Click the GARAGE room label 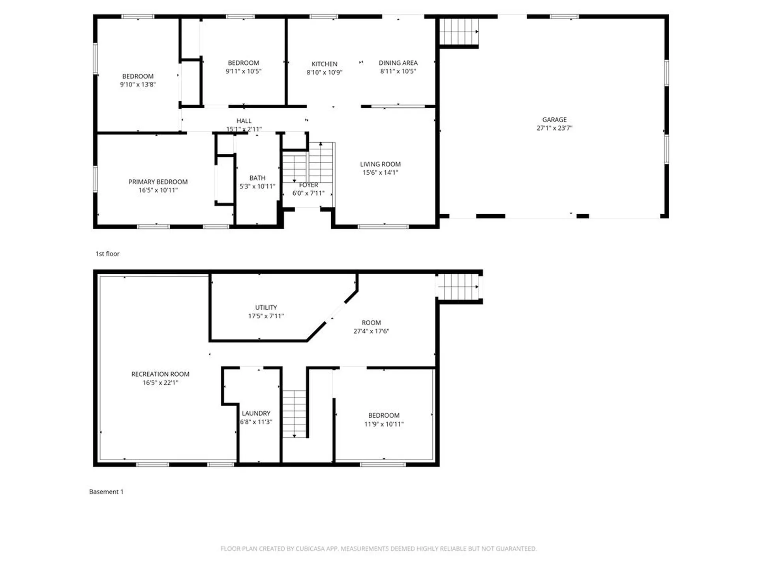pos(554,120)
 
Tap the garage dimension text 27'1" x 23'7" pos(554,128)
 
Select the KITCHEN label pos(324,64)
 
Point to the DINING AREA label pos(398,63)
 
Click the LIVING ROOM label pos(380,164)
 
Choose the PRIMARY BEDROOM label pos(158,182)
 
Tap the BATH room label pos(257,178)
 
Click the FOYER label pos(308,185)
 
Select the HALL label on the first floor pos(244,121)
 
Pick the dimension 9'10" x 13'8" pos(138,84)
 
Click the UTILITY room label pos(266,307)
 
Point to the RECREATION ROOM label pos(160,374)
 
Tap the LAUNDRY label pos(256,413)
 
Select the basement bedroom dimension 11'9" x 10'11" pos(384,424)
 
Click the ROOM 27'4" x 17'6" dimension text pos(371,331)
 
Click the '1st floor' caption pos(107,254)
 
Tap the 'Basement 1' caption pos(106,491)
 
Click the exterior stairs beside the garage pos(459,32)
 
